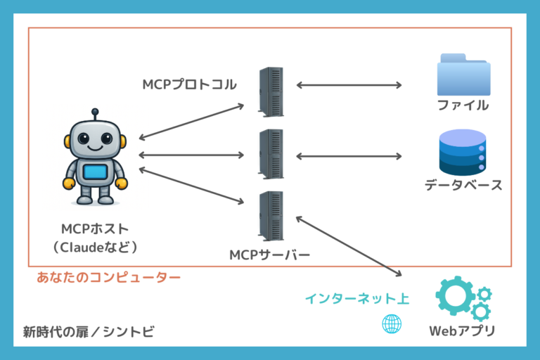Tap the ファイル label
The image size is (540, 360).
pos(462,105)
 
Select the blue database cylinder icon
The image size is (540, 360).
pos(462,152)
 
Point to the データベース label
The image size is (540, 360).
pos(463,186)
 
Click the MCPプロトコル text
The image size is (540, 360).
pos(189,85)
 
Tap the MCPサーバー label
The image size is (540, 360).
pos(269,254)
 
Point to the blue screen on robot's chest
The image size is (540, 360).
pos(95,173)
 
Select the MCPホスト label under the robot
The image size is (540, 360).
pos(95,229)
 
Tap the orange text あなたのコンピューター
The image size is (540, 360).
pos(108,278)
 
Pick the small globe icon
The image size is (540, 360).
pos(391,324)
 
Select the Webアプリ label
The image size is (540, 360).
pos(462,331)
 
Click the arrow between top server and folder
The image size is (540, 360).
pos(349,86)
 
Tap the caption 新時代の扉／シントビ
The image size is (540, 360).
pos(88,330)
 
